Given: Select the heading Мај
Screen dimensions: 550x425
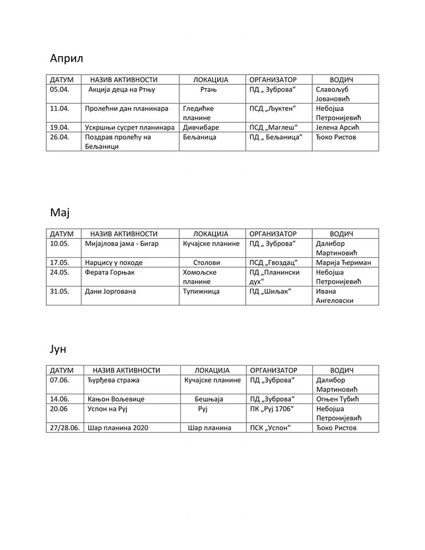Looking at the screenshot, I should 59,213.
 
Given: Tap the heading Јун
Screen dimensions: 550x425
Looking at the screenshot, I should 59,348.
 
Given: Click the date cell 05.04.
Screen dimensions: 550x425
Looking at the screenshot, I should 60,90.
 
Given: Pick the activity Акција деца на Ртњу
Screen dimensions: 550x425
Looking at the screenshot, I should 123,90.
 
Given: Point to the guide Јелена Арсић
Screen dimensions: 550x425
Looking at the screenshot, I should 341,127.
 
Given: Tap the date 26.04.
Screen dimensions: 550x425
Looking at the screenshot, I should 60,137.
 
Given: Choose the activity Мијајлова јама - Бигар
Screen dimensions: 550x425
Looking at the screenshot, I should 121,243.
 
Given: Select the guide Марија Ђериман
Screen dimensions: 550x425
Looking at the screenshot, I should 344,262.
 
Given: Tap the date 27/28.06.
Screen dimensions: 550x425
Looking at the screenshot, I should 65,428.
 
